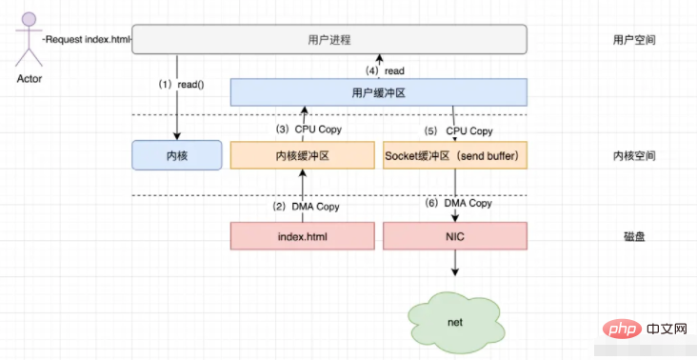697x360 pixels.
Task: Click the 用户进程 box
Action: pos(329,40)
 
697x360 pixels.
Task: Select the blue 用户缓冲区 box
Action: pos(379,92)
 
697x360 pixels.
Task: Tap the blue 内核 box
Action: pos(177,155)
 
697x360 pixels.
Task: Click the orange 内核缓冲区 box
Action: pos(302,155)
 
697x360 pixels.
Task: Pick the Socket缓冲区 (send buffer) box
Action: pos(455,155)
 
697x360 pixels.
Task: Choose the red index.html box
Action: pos(302,236)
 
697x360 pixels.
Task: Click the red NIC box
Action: pos(455,236)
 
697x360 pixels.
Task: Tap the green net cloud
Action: pos(455,321)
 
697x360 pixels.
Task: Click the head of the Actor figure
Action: pos(30,19)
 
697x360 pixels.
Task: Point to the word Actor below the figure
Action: pos(30,79)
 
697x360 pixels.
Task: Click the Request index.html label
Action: pos(88,40)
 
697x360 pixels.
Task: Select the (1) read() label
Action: pos(181,85)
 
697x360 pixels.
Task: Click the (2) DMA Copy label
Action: pos(306,207)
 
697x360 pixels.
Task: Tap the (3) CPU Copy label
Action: pos(308,130)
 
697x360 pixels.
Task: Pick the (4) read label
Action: pos(385,70)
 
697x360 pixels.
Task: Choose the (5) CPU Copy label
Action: pos(459,131)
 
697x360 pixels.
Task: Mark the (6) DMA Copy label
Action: pos(459,203)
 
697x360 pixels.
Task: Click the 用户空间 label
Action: pos(634,40)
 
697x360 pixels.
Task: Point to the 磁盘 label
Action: pos(634,236)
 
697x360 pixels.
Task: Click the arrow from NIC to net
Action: pos(455,263)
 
